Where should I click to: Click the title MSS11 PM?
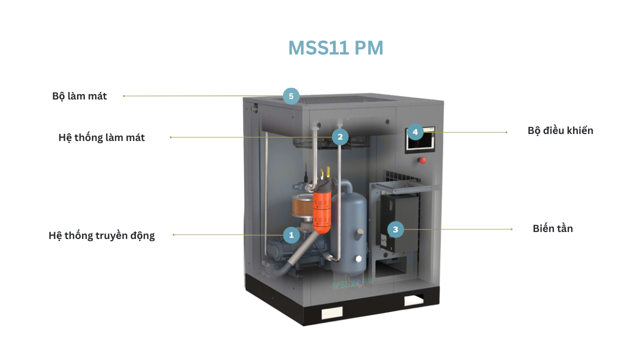[335, 48]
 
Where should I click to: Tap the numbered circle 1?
[291, 235]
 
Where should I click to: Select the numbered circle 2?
[340, 136]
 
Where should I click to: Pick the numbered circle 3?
[395, 229]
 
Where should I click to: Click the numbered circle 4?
[415, 132]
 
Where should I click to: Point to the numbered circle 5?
[291, 95]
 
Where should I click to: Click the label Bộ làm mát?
[79, 96]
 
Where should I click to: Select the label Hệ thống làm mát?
[101, 137]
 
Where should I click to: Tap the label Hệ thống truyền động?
[101, 235]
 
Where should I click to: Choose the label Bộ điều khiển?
[560, 130]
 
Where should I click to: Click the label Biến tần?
[552, 228]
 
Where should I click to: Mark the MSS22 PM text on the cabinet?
[352, 283]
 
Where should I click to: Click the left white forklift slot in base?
[331, 312]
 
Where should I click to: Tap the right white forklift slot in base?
[414, 300]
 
